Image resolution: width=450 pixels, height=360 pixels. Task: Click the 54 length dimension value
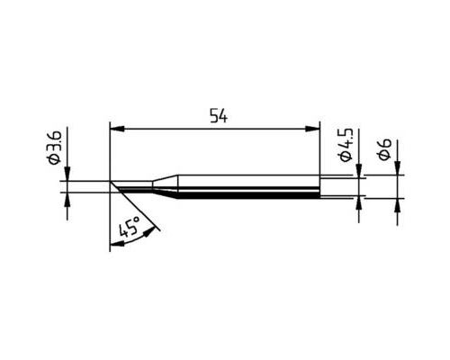point(219,116)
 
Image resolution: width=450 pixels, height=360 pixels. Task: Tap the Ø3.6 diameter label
point(55,148)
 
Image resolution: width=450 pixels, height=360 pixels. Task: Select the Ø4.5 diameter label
point(346,145)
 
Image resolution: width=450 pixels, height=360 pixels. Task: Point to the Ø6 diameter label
point(384,149)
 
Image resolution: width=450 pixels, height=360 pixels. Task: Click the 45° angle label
point(130,227)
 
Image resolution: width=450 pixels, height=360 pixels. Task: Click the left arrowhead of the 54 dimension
point(117,129)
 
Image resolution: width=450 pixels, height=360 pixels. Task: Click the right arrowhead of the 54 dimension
point(312,129)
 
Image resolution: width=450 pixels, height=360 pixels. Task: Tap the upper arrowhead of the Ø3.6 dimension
point(67,174)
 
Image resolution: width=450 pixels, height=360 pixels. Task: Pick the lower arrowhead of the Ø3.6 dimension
point(67,199)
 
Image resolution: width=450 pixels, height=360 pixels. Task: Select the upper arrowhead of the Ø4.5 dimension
point(359,171)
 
